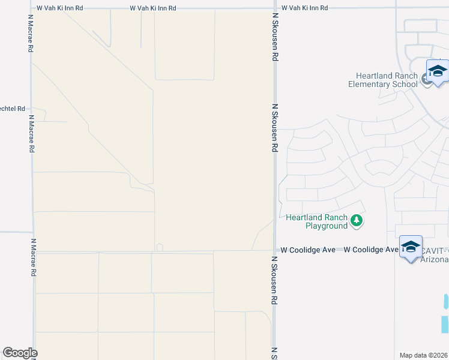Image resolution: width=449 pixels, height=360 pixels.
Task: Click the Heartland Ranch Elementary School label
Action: (383, 80)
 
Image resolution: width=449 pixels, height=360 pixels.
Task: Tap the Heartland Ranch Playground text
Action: (318, 221)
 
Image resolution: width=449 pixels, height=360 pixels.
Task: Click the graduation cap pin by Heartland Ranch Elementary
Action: (438, 71)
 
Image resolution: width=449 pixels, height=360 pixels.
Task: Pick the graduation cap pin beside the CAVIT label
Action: (411, 247)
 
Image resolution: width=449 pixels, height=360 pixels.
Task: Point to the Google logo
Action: (20, 353)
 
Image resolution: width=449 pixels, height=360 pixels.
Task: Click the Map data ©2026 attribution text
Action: (424, 355)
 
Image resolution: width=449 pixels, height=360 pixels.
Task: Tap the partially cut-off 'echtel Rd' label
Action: (13, 109)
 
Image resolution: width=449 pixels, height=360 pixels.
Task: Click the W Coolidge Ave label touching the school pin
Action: (372, 250)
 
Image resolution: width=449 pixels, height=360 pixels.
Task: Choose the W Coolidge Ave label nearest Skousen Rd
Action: (308, 250)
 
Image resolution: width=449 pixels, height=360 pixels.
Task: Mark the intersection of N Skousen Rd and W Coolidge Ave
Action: (275, 250)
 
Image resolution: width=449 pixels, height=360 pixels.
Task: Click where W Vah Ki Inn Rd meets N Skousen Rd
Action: (275, 8)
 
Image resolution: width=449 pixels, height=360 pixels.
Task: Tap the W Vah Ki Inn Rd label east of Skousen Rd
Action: (305, 8)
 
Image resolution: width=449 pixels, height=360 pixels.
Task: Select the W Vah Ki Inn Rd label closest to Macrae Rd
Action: (60, 8)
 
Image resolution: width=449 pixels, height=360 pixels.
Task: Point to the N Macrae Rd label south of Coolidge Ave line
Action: (34, 257)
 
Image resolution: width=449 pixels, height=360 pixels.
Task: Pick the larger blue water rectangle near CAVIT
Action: (445, 325)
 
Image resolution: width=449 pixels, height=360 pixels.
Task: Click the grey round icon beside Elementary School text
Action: (426, 79)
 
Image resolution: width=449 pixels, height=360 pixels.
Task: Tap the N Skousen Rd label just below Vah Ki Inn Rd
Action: (275, 40)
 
